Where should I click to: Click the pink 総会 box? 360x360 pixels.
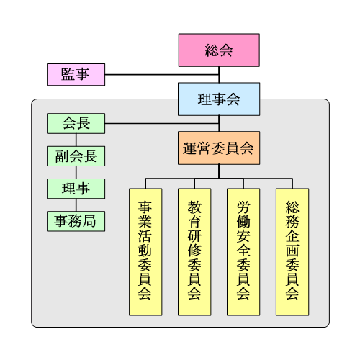[x=219, y=50]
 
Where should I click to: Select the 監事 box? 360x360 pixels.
[x=76, y=74]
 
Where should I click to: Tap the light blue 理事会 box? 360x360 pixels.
[x=219, y=99]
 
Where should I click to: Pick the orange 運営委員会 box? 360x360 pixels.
[x=219, y=148]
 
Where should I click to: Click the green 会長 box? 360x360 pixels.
[x=76, y=123]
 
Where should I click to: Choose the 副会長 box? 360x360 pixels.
[x=76, y=156]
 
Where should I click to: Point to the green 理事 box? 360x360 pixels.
[x=76, y=189]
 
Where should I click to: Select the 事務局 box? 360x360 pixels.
[x=76, y=221]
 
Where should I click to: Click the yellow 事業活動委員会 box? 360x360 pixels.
[x=145, y=252]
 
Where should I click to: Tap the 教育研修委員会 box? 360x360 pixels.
[x=194, y=252]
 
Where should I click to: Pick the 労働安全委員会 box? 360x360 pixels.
[x=243, y=252]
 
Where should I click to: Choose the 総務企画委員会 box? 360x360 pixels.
[x=292, y=252]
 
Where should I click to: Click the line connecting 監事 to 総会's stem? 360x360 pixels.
[x=162, y=75]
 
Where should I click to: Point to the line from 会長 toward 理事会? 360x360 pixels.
[x=162, y=124]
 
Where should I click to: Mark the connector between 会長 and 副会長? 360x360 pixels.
[x=76, y=140]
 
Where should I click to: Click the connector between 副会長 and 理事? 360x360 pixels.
[x=76, y=172]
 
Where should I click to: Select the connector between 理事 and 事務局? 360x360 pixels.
[x=76, y=205]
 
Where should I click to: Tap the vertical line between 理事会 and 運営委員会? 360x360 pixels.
[x=219, y=123]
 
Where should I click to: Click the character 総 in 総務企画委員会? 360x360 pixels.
[x=292, y=207]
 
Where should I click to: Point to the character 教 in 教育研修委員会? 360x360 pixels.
[x=194, y=207]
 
